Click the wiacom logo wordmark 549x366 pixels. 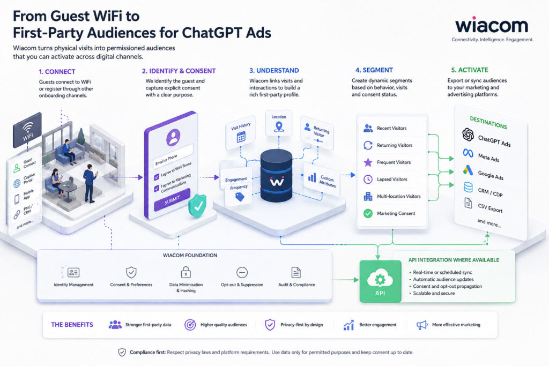492,25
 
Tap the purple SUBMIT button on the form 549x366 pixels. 172,200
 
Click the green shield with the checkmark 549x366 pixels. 197,206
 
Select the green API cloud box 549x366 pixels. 380,281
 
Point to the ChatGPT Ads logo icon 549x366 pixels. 468,135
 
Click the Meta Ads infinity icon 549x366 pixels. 468,153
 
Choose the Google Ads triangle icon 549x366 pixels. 468,170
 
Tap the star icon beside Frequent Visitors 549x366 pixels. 368,162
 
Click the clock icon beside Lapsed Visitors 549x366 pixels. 368,179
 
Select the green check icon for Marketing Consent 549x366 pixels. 368,213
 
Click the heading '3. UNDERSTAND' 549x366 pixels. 274,70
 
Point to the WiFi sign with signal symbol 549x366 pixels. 27,130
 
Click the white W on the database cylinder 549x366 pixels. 277,181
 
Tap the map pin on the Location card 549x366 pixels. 279,126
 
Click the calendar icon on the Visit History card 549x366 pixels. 241,137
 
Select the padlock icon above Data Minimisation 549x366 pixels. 186,272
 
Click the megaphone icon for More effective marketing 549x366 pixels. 422,325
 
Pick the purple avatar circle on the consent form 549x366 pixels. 173,137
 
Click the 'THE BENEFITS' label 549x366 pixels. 72,325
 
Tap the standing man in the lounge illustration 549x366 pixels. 90,183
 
